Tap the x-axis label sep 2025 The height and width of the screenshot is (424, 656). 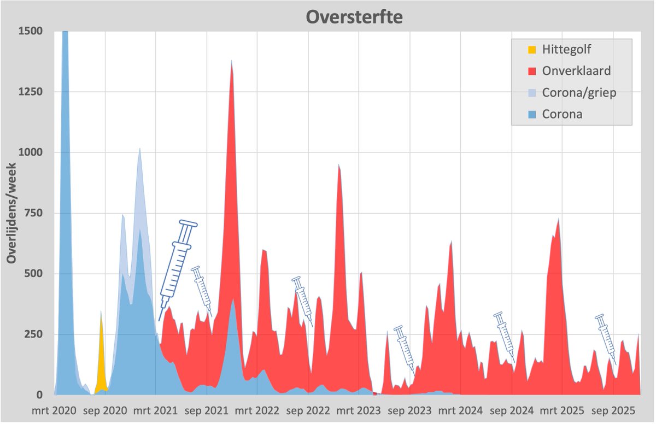point(613,409)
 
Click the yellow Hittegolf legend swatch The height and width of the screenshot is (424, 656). point(532,50)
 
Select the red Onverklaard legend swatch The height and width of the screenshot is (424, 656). point(532,71)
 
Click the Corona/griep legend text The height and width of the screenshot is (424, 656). point(579,93)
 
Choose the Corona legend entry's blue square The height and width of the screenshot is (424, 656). point(532,115)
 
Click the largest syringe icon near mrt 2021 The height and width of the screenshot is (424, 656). point(177,268)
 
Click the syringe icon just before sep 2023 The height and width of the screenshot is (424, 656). point(405,348)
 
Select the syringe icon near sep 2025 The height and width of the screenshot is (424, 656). point(606,339)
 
